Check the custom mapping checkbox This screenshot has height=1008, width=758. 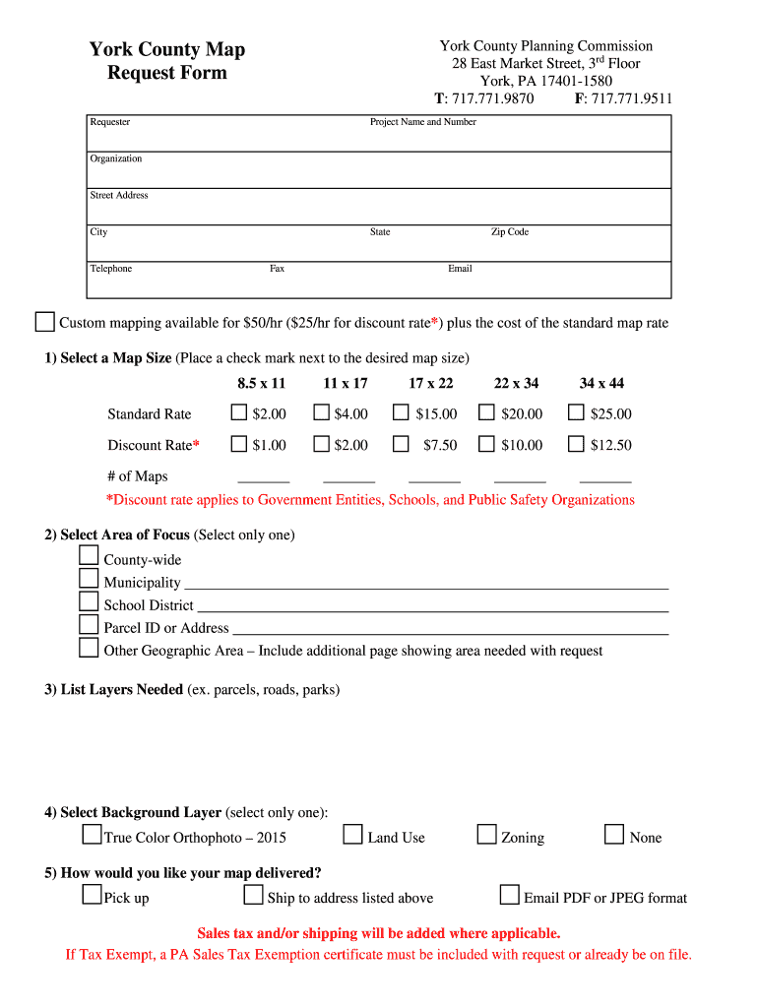tap(45, 322)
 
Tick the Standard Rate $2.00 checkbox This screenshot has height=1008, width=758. tap(238, 412)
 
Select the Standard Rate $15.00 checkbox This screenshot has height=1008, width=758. tap(401, 412)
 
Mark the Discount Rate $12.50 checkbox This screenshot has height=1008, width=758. tap(576, 444)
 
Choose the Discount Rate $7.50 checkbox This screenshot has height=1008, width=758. tap(401, 444)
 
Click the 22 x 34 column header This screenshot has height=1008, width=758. tap(516, 383)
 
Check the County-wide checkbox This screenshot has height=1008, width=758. tap(89, 556)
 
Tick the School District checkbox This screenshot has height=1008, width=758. tap(89, 601)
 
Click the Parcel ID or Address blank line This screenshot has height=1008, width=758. tap(450, 629)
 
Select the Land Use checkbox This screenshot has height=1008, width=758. tap(353, 835)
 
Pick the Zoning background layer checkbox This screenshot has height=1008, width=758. tap(486, 835)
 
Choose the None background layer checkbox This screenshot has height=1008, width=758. tap(614, 835)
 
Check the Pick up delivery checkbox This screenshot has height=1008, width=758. tap(92, 895)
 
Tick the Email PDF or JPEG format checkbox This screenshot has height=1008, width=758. tap(509, 895)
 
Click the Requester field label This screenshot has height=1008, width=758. tap(110, 122)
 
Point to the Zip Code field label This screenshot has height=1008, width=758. tap(510, 232)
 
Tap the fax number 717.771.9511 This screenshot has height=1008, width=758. tap(631, 98)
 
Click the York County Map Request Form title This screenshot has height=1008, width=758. tap(167, 61)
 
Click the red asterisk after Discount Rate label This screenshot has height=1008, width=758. tap(196, 444)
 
